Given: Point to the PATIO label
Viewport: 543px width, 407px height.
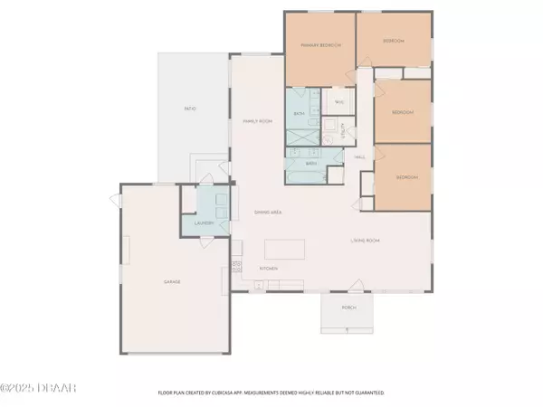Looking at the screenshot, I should [x=189, y=109].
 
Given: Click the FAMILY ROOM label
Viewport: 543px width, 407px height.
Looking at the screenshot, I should [x=258, y=120].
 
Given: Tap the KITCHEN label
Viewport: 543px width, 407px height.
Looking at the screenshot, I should [x=269, y=269].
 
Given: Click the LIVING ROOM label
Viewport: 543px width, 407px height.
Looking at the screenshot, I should [x=364, y=240].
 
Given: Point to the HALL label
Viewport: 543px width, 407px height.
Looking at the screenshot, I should [x=359, y=156].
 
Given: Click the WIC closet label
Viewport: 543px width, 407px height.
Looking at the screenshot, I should [x=338, y=103].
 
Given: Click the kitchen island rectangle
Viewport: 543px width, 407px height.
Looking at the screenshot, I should [x=285, y=248].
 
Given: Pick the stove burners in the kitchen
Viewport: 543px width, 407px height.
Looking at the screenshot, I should [x=238, y=265].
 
